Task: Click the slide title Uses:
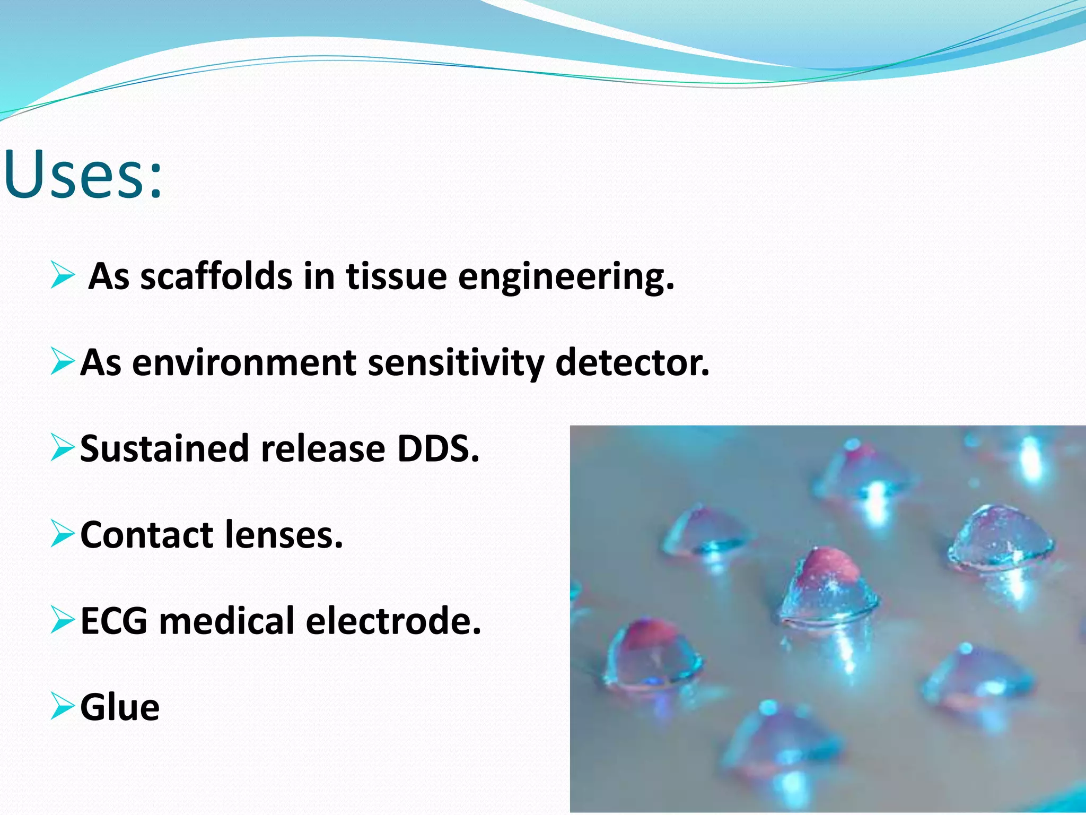click(x=82, y=175)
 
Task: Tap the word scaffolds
click(x=216, y=277)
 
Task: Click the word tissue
click(x=396, y=277)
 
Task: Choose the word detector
click(x=632, y=363)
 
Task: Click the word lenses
click(x=284, y=535)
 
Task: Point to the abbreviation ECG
click(x=113, y=621)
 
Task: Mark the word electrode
click(x=393, y=621)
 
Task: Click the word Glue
click(x=120, y=707)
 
